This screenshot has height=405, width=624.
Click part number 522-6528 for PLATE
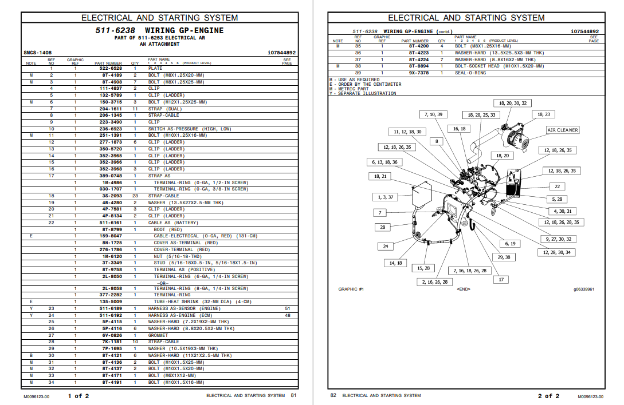112,69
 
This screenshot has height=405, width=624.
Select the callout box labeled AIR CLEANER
562,130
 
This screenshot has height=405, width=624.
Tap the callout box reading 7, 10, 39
433,114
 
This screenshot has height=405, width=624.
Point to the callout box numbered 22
557,186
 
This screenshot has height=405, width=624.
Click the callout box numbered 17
501,280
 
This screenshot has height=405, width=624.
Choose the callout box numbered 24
386,247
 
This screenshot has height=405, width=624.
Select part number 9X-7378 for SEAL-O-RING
418,73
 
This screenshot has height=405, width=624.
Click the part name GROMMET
158,336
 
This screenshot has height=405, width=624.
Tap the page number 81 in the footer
293,395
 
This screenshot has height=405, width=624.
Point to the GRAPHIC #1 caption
351,289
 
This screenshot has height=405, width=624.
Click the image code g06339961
584,289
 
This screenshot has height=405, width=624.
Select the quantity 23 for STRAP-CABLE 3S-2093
135,196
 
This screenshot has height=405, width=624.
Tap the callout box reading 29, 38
504,257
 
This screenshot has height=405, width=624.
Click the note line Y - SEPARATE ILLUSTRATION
362,94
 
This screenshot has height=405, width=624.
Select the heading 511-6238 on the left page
115,30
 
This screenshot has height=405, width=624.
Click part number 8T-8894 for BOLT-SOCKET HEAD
418,66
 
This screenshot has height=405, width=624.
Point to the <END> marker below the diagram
464,289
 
